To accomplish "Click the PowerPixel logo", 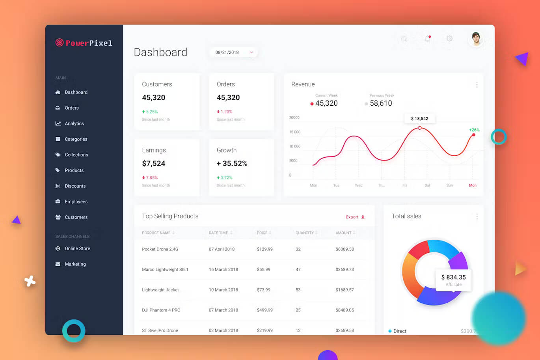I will (84, 43).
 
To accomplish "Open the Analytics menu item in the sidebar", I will (74, 123).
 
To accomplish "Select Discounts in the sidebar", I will (75, 186).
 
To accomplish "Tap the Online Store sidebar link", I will (77, 248).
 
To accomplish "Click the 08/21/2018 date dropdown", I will (234, 52).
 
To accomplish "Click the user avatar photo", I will (476, 39).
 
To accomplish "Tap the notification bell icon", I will (427, 39).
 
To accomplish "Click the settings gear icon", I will (449, 39).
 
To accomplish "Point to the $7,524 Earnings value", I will (154, 163).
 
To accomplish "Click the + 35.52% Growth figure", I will (232, 163).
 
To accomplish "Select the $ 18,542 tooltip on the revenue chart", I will (419, 118).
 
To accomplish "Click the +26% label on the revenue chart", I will (474, 130).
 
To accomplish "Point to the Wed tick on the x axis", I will (359, 185).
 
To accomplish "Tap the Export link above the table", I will (355, 217).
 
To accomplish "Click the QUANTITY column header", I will (305, 233).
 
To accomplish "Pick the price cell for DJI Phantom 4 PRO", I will (265, 310).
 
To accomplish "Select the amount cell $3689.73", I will (344, 270).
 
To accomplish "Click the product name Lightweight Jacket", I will (160, 290).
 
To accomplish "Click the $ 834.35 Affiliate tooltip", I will (453, 280).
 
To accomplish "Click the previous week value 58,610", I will (381, 103).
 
